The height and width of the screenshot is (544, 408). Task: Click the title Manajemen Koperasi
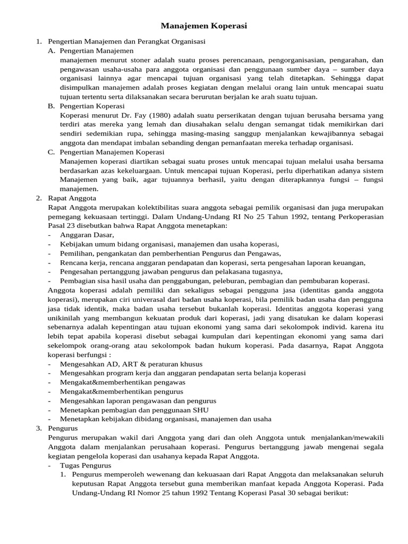point(204,25)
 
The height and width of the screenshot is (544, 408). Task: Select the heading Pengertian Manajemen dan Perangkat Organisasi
point(126,41)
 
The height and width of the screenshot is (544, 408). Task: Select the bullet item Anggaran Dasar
point(87,234)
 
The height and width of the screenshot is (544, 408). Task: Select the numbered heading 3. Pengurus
point(63,428)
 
